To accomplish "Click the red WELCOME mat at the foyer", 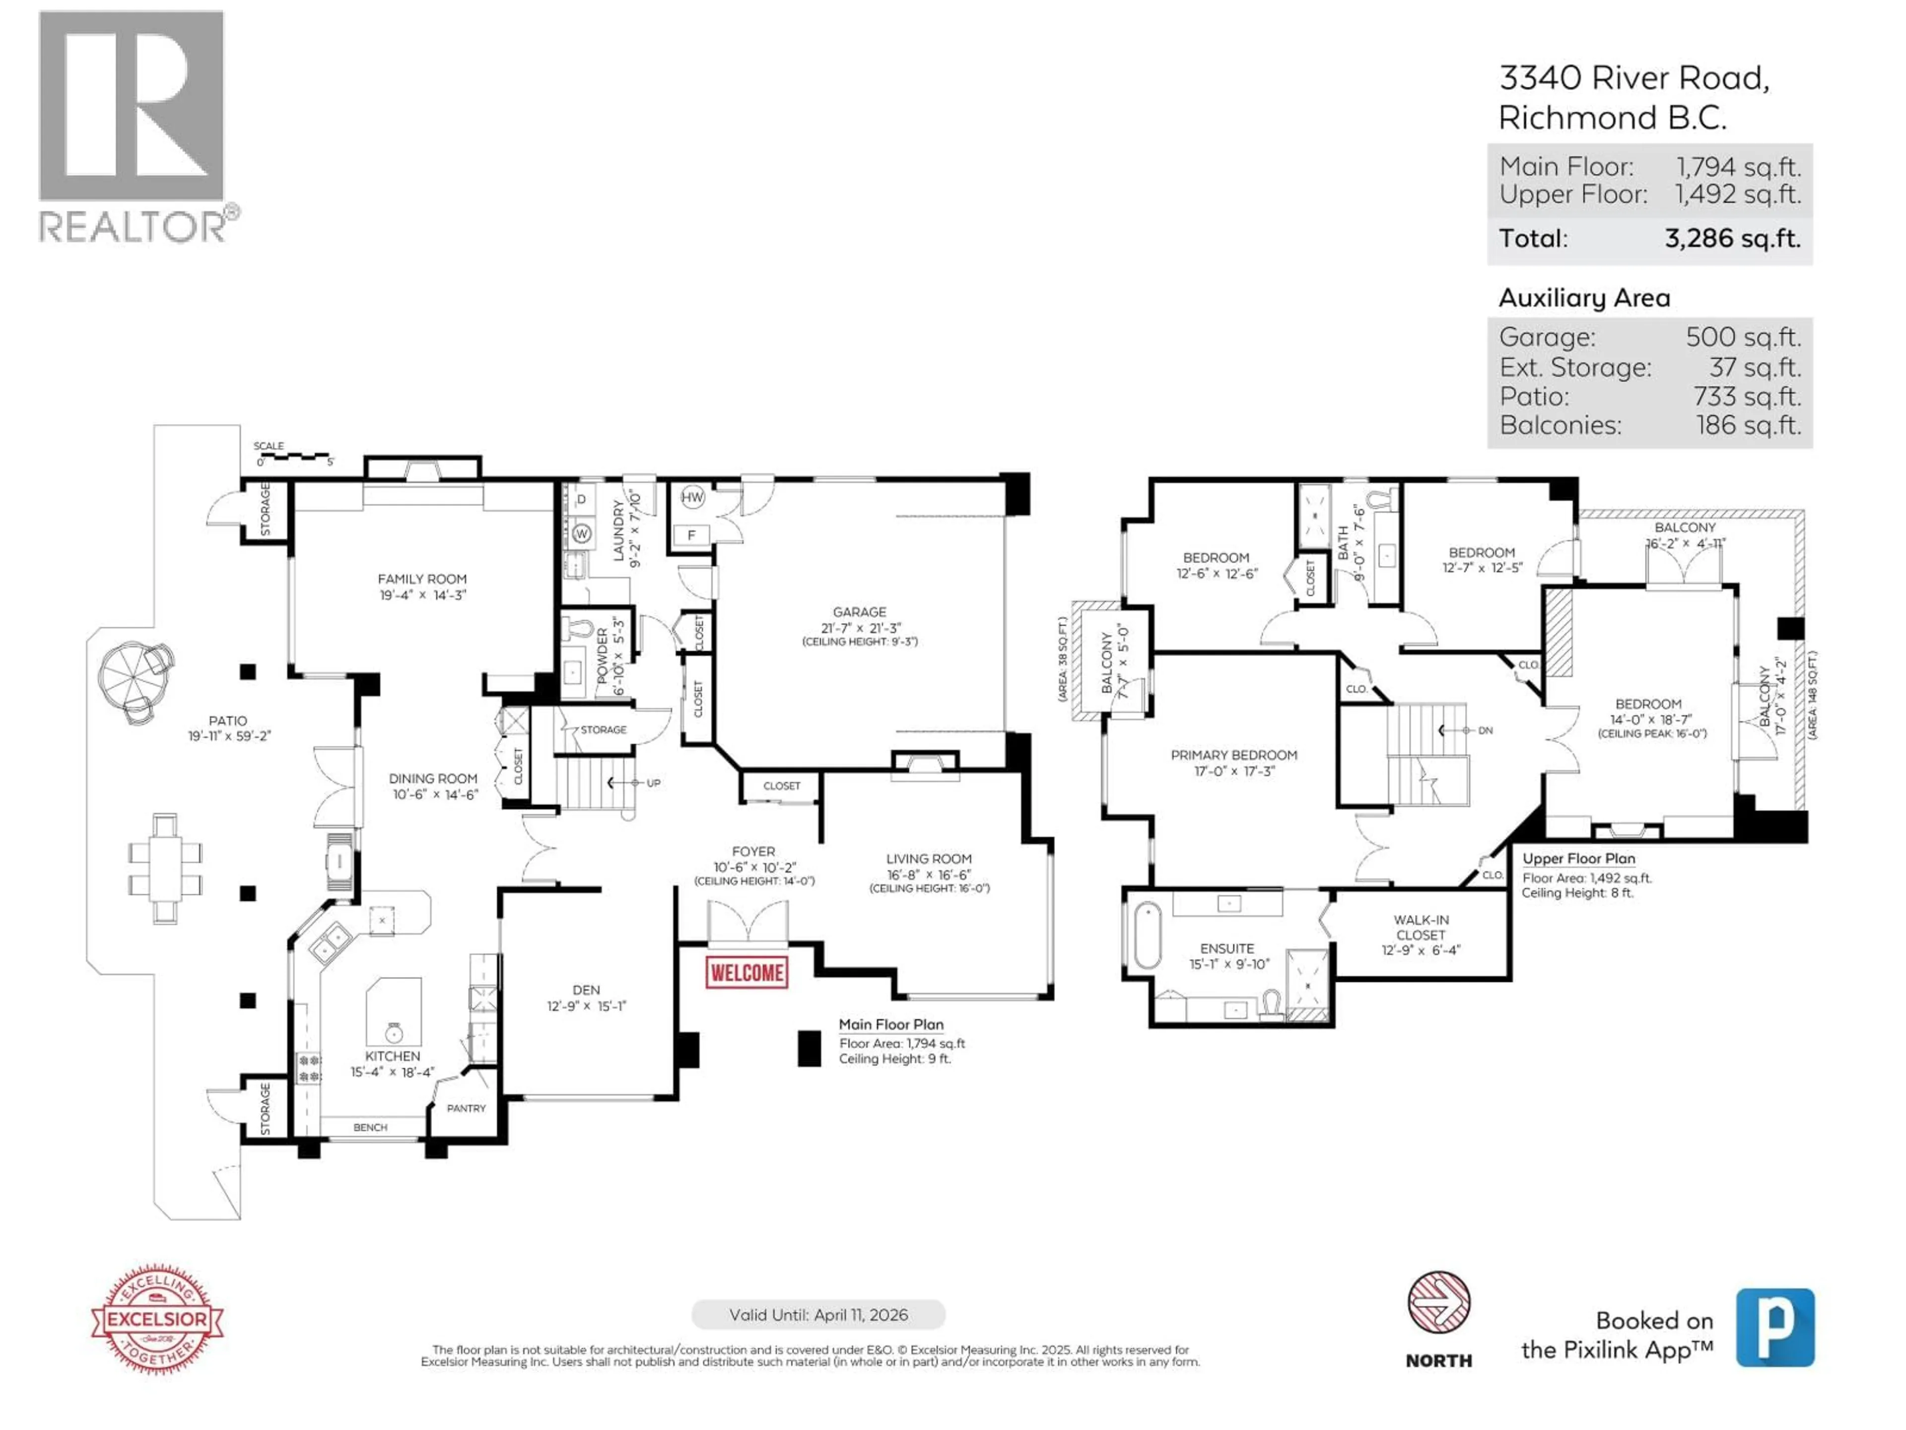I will coord(746,972).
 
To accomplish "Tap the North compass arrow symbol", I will coord(1438,1301).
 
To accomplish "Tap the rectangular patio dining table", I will coord(165,868).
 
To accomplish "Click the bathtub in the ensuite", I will coord(1147,935).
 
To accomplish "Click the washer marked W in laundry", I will coord(582,534).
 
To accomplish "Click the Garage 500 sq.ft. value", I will coord(1742,337).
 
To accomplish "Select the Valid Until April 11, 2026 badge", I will coord(817,1314).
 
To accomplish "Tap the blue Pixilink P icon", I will coord(1774,1327).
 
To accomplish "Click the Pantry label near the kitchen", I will coord(466,1108).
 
